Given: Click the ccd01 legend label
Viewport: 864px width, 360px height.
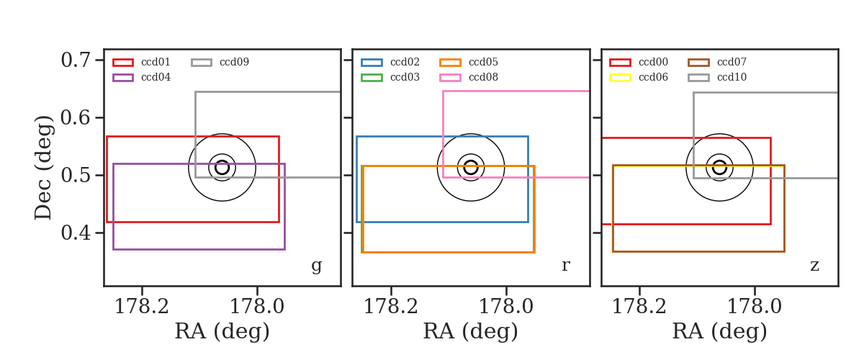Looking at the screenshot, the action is (156, 62).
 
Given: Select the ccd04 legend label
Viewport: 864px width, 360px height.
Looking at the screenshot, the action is (156, 77).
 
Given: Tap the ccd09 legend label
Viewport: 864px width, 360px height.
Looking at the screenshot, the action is (234, 62).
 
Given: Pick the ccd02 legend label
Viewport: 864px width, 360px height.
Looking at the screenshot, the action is (405, 62).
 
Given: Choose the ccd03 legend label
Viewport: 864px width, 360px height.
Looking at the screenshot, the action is (405, 77).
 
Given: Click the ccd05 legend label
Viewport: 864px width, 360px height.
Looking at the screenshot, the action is (483, 62).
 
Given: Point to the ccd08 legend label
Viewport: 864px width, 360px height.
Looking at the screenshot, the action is (483, 77).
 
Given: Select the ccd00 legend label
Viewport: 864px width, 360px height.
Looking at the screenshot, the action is (653, 62).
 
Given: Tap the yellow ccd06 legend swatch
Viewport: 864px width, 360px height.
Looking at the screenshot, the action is (620, 78).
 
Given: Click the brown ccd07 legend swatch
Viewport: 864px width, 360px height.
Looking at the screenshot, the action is (698, 63).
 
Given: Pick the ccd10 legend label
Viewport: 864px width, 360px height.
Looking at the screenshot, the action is (732, 77).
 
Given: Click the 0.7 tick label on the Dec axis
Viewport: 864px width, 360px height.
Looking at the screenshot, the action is (76, 60).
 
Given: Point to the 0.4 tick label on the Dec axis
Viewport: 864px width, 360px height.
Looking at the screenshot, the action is (76, 233).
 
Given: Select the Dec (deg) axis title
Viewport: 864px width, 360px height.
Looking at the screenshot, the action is (42, 168).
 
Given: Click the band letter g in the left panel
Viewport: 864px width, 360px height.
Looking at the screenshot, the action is (316, 266).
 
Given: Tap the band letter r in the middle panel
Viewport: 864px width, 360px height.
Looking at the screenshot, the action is (565, 265).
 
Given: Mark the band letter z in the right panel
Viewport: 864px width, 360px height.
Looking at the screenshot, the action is (814, 266).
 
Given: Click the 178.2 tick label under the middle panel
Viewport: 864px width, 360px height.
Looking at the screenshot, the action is (391, 307).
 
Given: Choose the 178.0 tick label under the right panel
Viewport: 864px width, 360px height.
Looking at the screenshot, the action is (754, 307).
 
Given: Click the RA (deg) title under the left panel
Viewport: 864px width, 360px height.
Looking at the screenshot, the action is (222, 331).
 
